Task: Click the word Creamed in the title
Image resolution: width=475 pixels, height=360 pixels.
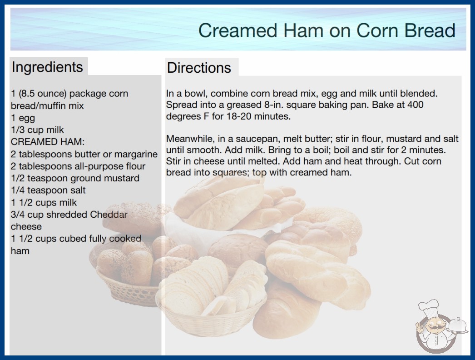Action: coord(238,30)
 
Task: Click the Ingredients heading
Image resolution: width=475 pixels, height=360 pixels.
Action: coord(47,67)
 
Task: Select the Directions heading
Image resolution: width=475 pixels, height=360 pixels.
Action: coord(199,68)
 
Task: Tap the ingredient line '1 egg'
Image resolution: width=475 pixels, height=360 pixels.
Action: coord(23,118)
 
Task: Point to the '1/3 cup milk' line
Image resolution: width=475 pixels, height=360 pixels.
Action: coord(37,130)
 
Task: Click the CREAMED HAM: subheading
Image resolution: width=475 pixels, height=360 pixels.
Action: coord(48,142)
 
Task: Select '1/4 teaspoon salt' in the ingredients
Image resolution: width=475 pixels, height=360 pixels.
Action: coord(48,190)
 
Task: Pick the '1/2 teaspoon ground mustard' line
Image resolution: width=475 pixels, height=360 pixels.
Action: coord(75,178)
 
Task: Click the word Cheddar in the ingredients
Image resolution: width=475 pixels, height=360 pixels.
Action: coord(109,215)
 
